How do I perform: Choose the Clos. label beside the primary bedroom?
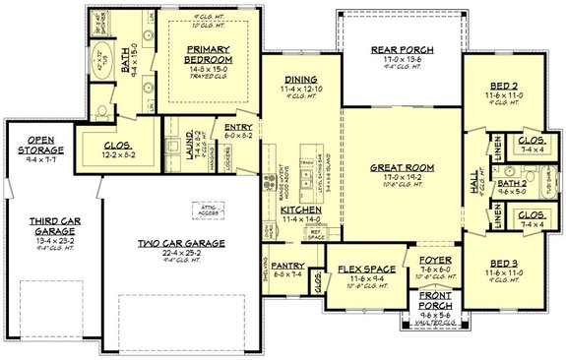coord(123,145)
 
